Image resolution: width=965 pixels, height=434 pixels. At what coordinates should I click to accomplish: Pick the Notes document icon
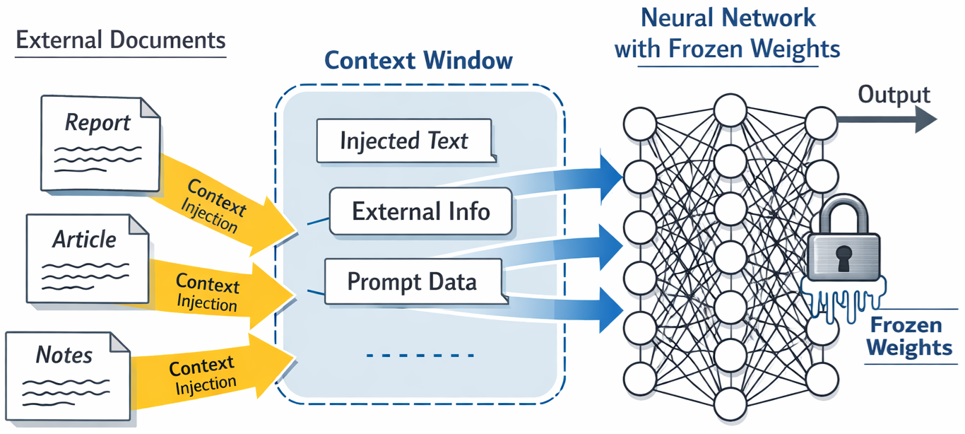(x=67, y=375)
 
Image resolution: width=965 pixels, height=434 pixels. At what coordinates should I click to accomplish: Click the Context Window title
(x=418, y=61)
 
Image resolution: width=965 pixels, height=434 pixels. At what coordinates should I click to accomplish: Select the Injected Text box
(x=403, y=141)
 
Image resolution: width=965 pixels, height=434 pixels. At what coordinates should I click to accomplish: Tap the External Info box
(x=420, y=211)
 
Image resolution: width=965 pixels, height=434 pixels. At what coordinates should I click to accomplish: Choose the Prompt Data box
(x=413, y=282)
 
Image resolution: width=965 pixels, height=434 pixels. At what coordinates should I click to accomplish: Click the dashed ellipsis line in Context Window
(x=420, y=356)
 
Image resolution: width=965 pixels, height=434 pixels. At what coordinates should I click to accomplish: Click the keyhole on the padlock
(x=843, y=259)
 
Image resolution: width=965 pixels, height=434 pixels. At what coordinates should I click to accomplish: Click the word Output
(x=894, y=95)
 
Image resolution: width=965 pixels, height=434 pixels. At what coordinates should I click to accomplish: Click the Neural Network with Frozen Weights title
(x=727, y=33)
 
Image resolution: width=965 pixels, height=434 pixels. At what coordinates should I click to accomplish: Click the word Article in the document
(x=84, y=240)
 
